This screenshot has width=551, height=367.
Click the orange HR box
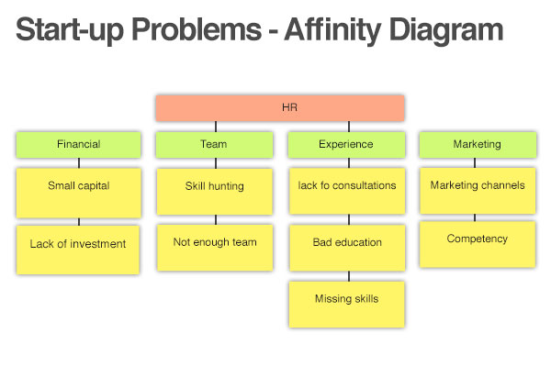pos(280,108)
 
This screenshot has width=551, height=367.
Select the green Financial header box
pos(79,145)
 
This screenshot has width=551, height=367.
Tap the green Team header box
pos(214,145)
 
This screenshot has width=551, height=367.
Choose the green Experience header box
pos(346,145)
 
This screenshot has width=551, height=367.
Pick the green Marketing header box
pos(478,145)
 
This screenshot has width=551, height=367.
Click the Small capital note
pos(79,194)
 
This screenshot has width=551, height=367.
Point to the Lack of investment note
pos(78,250)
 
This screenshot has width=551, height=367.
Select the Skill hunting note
pos(215,192)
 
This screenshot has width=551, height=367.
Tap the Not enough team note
pos(215,248)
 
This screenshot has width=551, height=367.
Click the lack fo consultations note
pos(347,191)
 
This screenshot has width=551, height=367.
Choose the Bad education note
pos(347,248)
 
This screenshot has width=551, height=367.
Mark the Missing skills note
pos(347,305)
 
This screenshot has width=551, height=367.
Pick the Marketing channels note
pos(478,191)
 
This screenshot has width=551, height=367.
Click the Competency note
pos(478,244)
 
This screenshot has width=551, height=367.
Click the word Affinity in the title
pos(332,30)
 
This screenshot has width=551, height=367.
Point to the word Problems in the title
pos(197,30)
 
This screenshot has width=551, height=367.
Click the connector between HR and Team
pos(216,127)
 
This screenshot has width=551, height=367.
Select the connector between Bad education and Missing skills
pos(349,276)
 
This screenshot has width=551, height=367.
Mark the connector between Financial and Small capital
pos(79,163)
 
